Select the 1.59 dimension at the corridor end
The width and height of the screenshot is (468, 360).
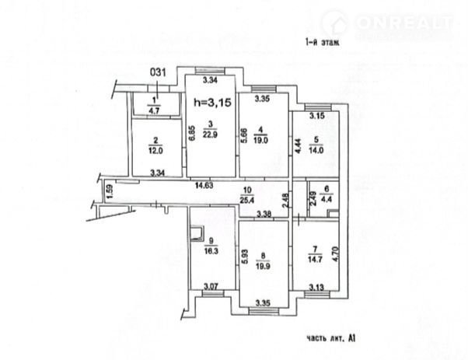click(x=110, y=189)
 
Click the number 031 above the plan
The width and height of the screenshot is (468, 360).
click(x=159, y=72)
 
